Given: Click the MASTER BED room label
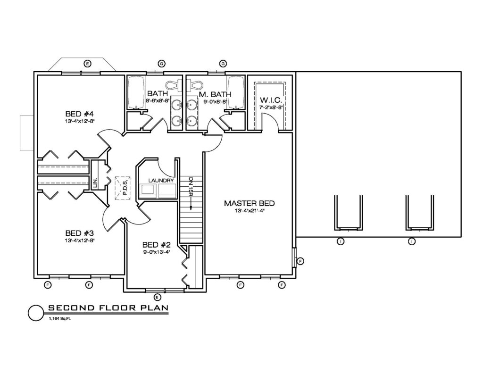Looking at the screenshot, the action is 249,203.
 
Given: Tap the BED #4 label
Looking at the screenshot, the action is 79,114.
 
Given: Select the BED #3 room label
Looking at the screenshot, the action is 79,233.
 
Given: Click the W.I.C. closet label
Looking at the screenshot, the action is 271,100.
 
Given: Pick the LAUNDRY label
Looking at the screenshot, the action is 161,181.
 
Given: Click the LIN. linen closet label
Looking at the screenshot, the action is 95,183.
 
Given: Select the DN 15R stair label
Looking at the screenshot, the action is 191,187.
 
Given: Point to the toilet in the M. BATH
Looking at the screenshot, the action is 195,84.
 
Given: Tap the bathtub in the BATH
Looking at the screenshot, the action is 136,92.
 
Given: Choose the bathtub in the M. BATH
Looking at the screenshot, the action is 236,92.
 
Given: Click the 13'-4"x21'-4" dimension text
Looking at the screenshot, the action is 249,211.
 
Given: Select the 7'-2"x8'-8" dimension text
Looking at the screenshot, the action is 271,108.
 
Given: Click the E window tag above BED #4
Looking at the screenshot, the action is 88,64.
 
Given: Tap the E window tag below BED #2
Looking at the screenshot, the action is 158,297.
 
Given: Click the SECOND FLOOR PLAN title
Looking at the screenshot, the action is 108,308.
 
